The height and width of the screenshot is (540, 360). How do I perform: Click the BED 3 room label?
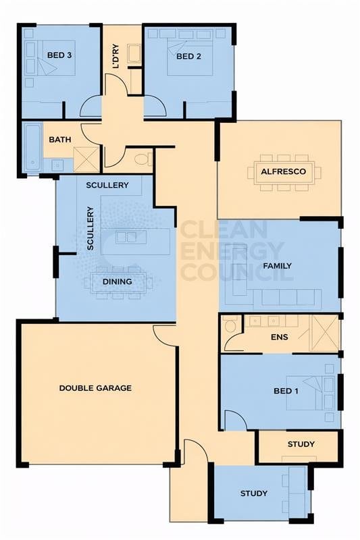59,55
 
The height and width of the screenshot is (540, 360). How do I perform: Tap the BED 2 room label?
189,56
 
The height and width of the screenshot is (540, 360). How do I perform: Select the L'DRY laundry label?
116,56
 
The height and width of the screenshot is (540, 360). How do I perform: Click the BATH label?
60,140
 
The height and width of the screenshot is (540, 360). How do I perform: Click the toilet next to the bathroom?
142,159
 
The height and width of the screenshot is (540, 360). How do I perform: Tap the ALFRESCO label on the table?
284,171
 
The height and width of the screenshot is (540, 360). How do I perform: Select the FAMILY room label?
277,265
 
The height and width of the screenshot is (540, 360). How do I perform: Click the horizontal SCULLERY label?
107,185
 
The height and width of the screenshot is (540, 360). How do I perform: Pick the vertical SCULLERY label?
90,229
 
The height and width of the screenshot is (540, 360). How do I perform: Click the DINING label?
117,281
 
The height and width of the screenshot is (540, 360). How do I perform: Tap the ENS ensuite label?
279,337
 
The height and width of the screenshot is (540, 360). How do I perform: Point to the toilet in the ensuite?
230,326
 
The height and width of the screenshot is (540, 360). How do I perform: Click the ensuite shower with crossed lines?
324,333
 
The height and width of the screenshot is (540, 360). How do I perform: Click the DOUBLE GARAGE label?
95,388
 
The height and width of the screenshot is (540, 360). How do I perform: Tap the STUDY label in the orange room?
301,444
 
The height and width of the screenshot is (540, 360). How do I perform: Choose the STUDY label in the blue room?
254,493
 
